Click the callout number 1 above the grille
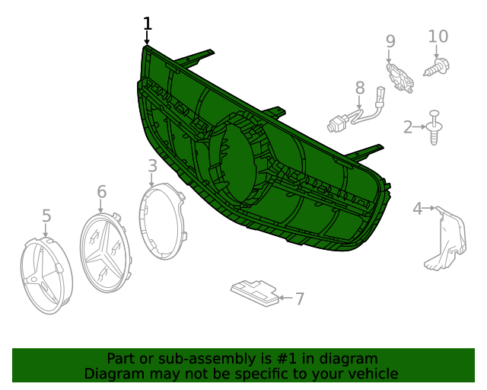click(x=148, y=24)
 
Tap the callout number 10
click(x=438, y=37)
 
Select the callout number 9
click(x=390, y=41)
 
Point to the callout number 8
click(x=360, y=88)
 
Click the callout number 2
click(x=408, y=127)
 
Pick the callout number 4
click(x=418, y=209)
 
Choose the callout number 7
click(x=299, y=299)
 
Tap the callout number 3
click(x=152, y=166)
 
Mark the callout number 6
click(x=101, y=192)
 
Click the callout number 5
click(x=46, y=216)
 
